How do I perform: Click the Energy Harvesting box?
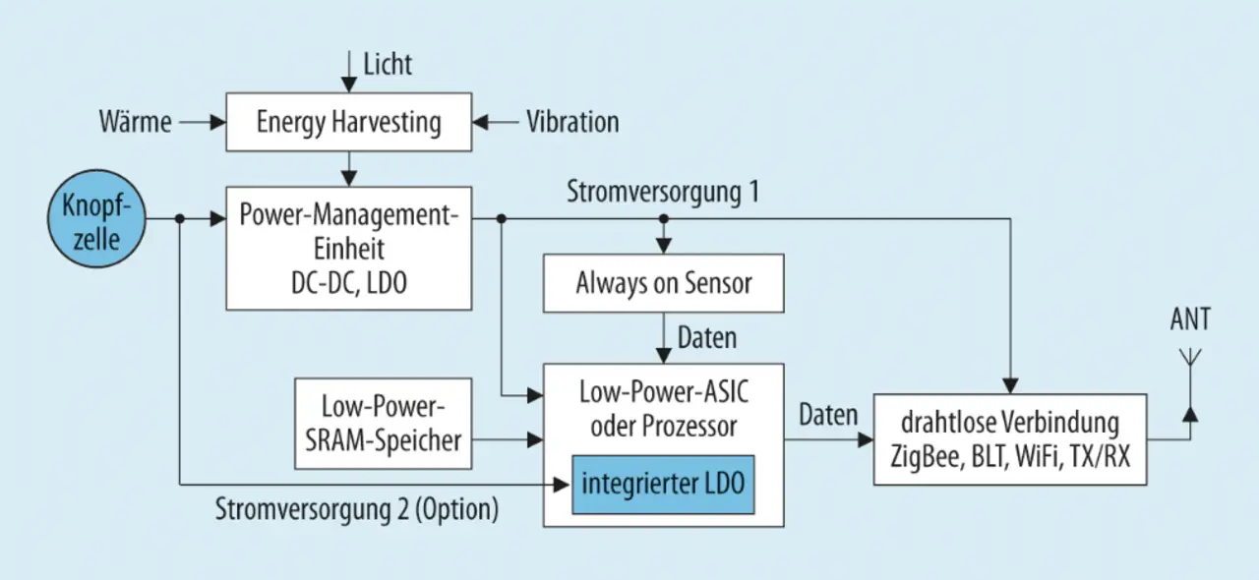[x=349, y=122]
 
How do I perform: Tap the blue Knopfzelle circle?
[x=96, y=218]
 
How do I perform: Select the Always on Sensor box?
[x=663, y=283]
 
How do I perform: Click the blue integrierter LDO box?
[x=663, y=485]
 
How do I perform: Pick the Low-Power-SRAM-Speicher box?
[x=384, y=423]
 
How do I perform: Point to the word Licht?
[x=388, y=64]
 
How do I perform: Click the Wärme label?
[x=136, y=122]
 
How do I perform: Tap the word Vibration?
[x=572, y=122]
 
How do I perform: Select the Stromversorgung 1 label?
[x=663, y=192]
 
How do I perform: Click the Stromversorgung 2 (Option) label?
[x=357, y=509]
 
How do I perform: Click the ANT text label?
[x=1190, y=319]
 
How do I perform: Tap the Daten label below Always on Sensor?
[x=707, y=338]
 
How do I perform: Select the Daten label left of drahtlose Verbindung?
[x=828, y=415]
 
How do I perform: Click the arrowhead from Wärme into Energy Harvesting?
[x=218, y=122]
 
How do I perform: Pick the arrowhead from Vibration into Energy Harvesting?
[x=480, y=122]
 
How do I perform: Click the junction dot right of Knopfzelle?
[x=180, y=218]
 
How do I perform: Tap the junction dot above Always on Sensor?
[x=664, y=218]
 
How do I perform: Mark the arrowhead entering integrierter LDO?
[x=562, y=485]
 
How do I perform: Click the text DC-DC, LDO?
[x=349, y=283]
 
